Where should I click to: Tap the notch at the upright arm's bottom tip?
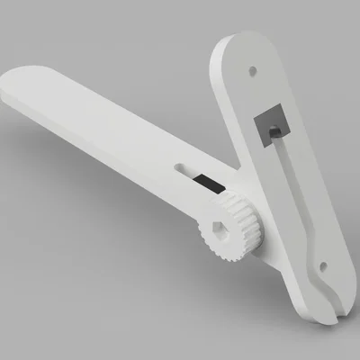[x=333, y=314]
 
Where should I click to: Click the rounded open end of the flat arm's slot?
[x=184, y=167]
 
